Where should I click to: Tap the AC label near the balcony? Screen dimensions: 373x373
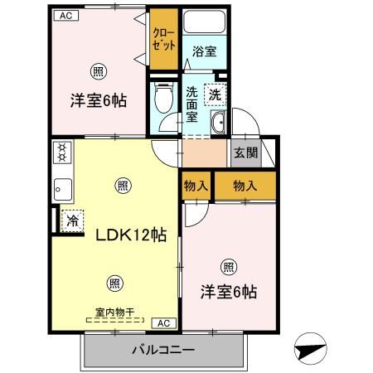pos(163,322)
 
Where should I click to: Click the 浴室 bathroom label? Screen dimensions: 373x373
pos(204,51)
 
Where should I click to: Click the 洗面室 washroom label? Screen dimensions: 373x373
pos(191,104)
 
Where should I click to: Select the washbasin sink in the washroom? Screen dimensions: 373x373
pos(218,124)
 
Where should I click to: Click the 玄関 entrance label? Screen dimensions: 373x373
pos(245,153)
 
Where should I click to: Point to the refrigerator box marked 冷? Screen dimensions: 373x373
pos(71,220)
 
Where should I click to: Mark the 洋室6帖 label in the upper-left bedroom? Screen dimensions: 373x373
pos(96,100)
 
